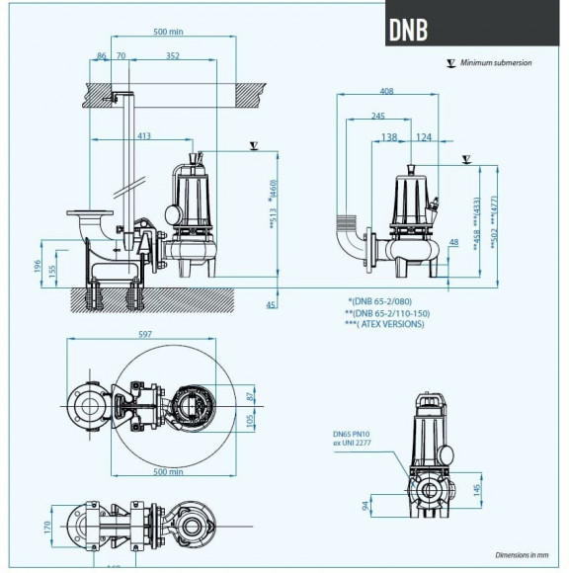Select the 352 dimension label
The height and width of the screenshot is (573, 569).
click(173, 57)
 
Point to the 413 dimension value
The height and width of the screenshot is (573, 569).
click(144, 135)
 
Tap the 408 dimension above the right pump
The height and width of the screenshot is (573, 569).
click(387, 91)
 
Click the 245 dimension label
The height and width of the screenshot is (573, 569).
click(378, 115)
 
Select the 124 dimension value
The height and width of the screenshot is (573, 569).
click(424, 136)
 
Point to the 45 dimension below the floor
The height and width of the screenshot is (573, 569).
click(271, 305)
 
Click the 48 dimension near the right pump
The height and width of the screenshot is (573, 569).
click(453, 242)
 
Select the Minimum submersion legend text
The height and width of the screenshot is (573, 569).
click(498, 62)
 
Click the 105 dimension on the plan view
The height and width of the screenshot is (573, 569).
click(250, 420)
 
